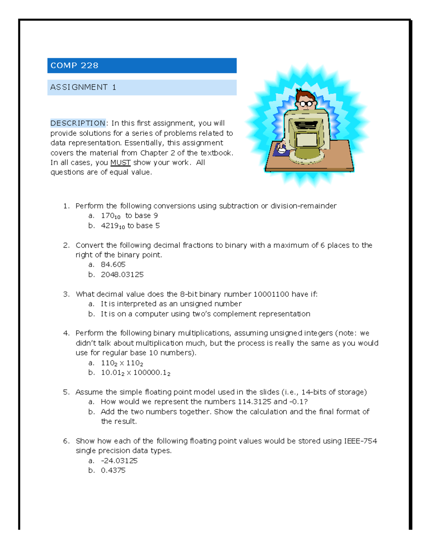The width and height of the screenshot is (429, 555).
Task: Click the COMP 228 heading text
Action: tap(74, 65)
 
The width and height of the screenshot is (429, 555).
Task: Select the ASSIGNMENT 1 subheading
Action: tap(83, 87)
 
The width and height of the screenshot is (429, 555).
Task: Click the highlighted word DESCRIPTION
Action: tap(78, 123)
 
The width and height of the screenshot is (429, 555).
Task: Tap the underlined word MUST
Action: tap(120, 163)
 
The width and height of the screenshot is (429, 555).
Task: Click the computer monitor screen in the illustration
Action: tap(306, 138)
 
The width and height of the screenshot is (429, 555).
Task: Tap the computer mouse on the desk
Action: tap(282, 150)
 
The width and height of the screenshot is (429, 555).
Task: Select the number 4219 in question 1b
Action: tap(110, 226)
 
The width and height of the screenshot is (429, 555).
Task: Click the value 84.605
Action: tap(113, 264)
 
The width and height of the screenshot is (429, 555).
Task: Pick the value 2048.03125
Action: tap(122, 274)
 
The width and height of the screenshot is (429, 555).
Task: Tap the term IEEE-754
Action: tap(360, 441)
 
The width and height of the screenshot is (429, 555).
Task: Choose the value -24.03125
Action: tap(119, 461)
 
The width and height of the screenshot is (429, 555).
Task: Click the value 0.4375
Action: tap(113, 470)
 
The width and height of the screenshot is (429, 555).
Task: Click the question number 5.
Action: tap(66, 392)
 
